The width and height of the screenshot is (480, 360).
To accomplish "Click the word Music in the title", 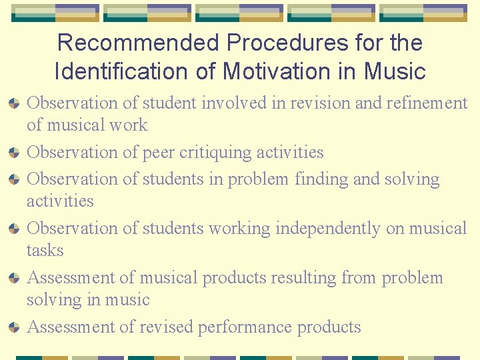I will click(x=395, y=70).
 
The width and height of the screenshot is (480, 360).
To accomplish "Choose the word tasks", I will click(x=45, y=251).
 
